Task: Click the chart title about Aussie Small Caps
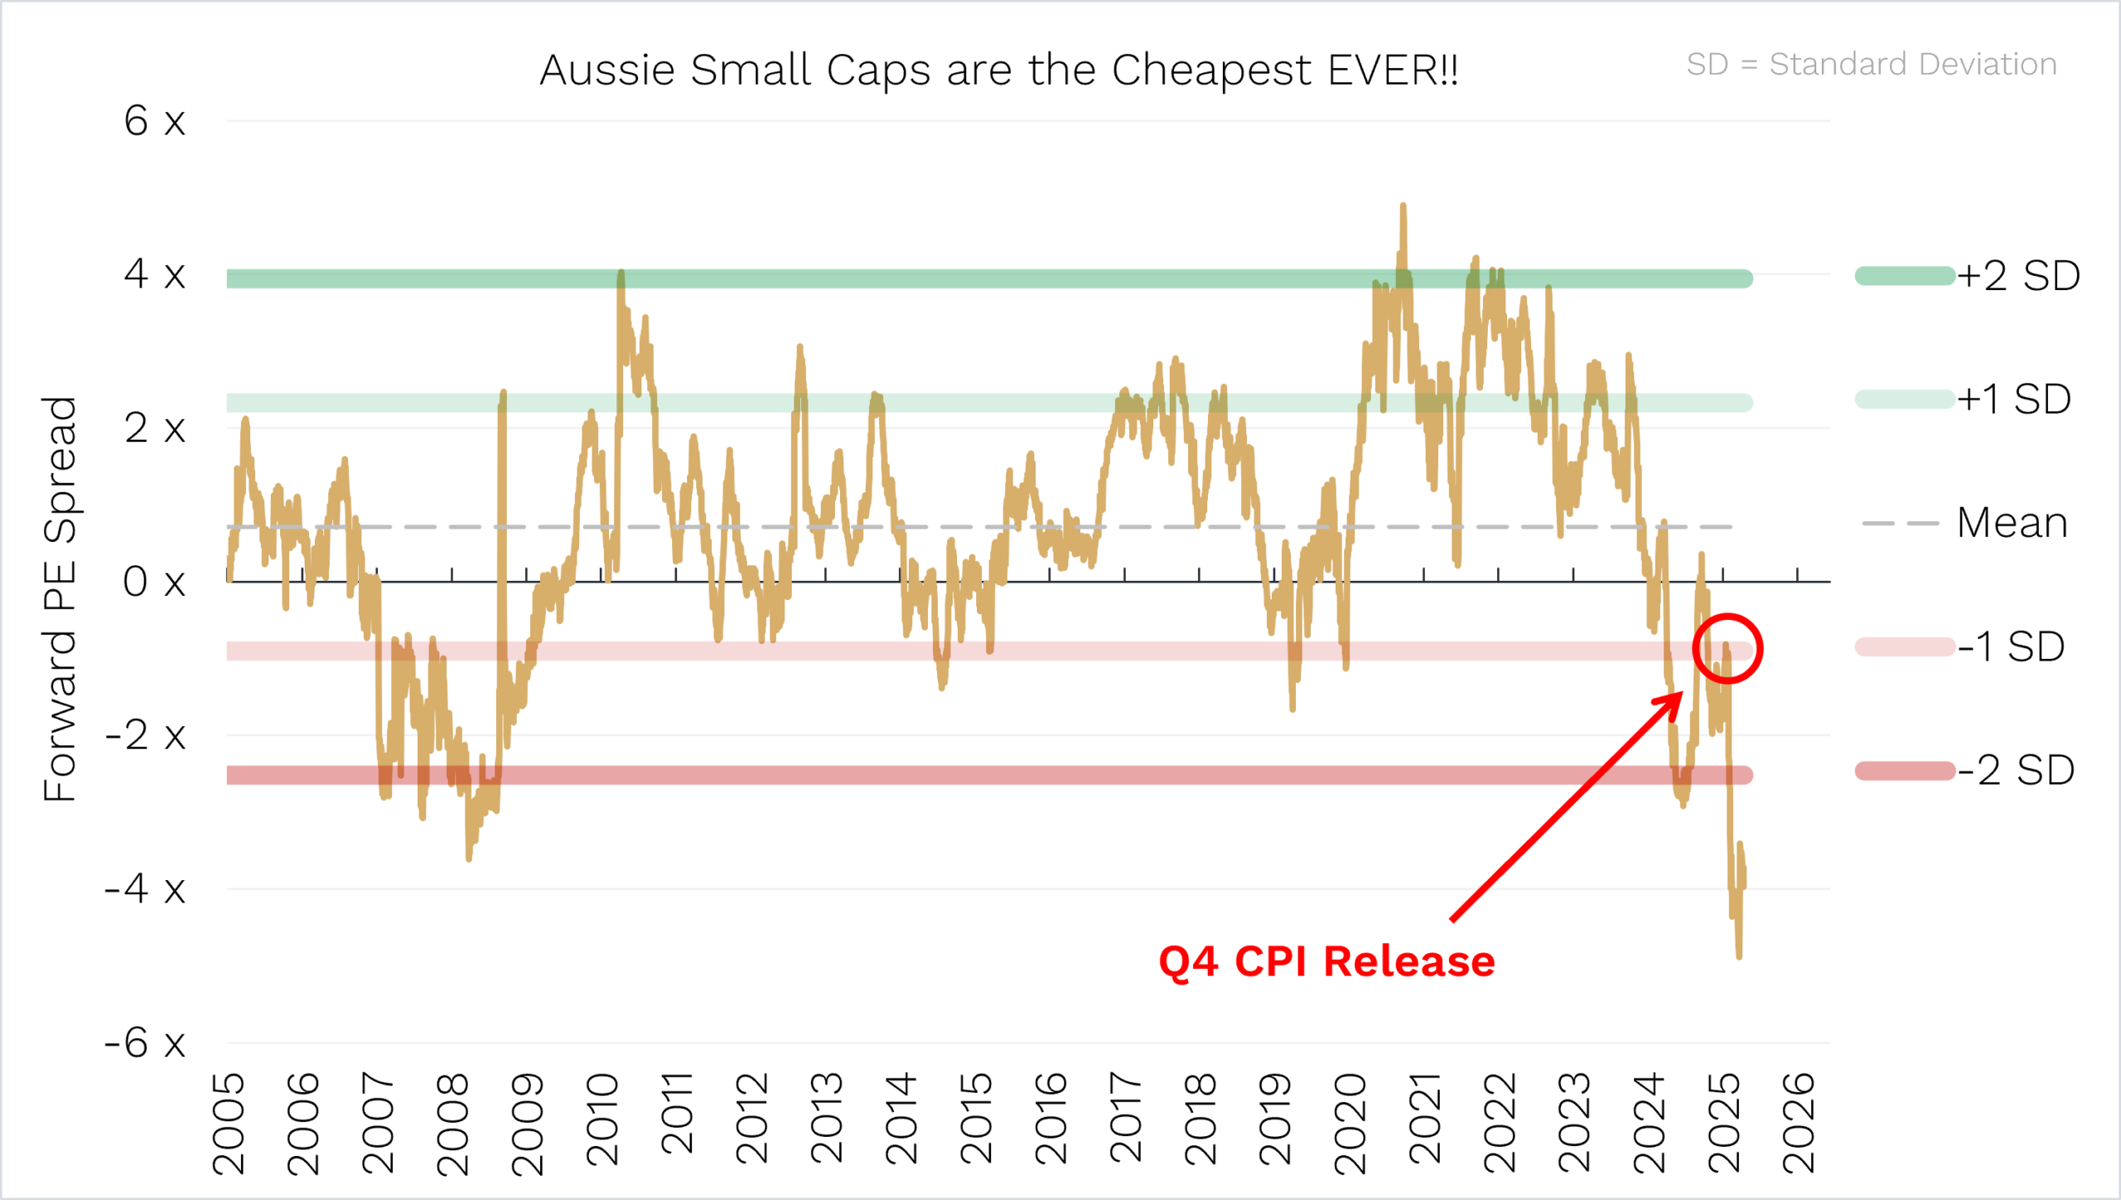pyautogui.click(x=998, y=70)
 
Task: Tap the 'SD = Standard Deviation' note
pyautogui.click(x=1871, y=64)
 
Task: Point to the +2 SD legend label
pyautogui.click(x=2018, y=275)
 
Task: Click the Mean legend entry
pyautogui.click(x=2012, y=523)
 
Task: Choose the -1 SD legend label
pyautogui.click(x=2010, y=646)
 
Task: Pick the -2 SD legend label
pyautogui.click(x=2015, y=770)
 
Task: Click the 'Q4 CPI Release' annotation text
pyautogui.click(x=1326, y=961)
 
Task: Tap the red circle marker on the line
pyautogui.click(x=1727, y=649)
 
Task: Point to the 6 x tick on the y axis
pyautogui.click(x=154, y=121)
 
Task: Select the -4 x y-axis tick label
pyautogui.click(x=145, y=889)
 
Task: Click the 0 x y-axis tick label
pyautogui.click(x=154, y=582)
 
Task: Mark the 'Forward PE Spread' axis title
pyautogui.click(x=60, y=598)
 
